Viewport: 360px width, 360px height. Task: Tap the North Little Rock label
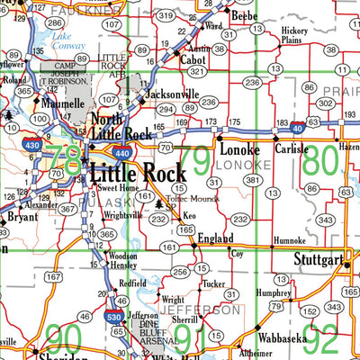120,126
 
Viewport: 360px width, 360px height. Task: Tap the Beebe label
243,16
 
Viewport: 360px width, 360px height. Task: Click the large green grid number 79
196,162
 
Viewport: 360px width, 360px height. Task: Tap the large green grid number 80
321,164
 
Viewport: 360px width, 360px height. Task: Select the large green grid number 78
65,160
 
